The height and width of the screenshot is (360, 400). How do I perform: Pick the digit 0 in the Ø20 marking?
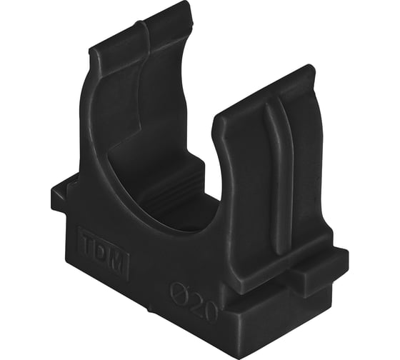pyautogui.click(x=210, y=314)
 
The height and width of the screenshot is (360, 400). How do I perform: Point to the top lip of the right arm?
pyautogui.click(x=265, y=90)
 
